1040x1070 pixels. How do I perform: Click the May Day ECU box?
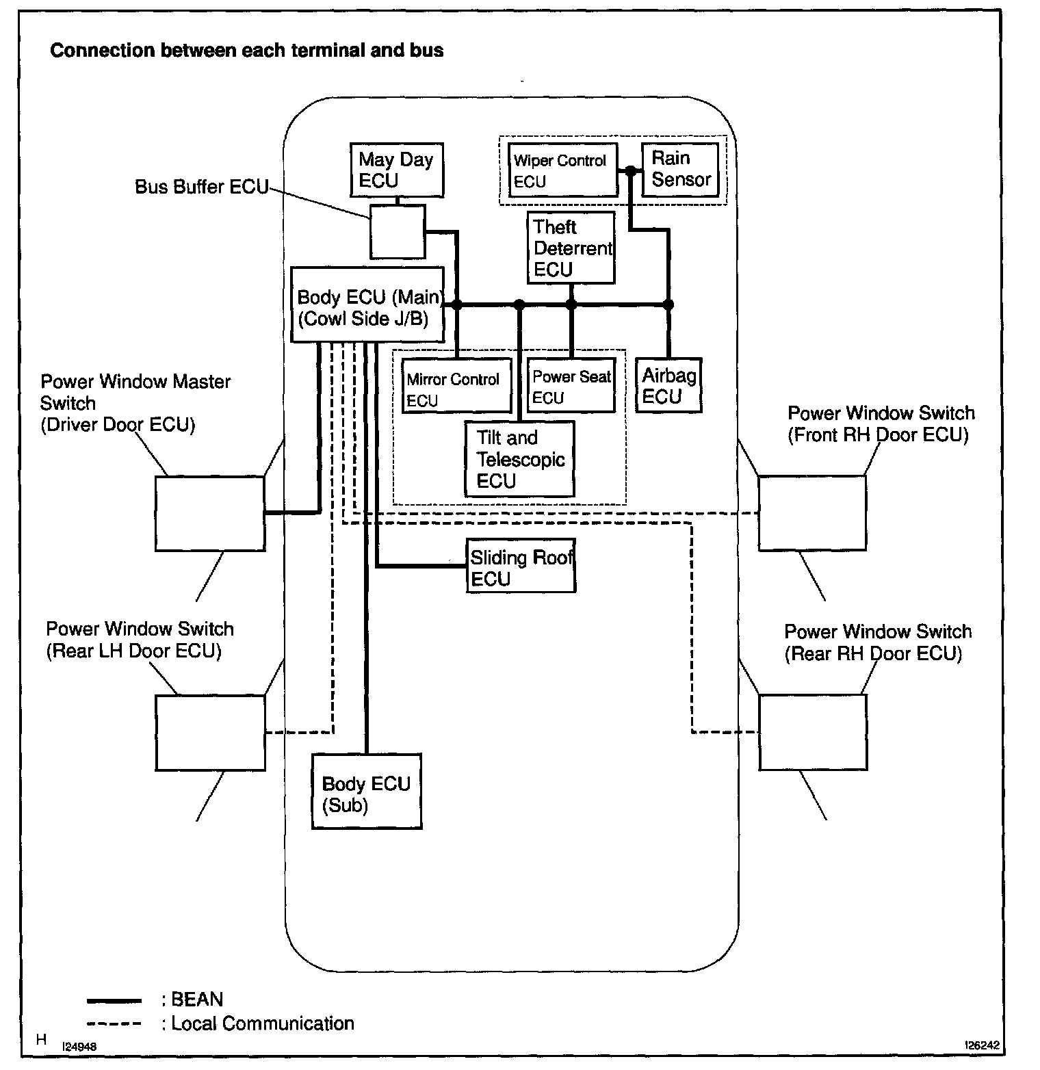(396, 170)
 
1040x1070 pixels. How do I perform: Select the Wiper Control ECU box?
(562, 170)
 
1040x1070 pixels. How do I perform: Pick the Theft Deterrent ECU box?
(571, 248)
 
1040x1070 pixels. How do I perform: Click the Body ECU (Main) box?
(367, 304)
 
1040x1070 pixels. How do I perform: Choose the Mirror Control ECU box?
(456, 386)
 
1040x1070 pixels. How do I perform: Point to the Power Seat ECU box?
(571, 386)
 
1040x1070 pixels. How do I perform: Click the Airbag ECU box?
(668, 386)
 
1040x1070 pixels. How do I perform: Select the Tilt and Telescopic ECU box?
(519, 458)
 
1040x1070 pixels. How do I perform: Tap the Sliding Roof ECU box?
(521, 566)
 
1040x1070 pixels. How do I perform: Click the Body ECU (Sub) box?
(366, 791)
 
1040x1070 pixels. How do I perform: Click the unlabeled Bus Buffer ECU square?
(397, 231)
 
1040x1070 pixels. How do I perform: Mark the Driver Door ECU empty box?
(209, 513)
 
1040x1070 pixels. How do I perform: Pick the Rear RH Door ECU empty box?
(812, 731)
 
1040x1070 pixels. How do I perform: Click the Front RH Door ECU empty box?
(811, 512)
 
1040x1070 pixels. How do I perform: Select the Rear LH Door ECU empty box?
(209, 732)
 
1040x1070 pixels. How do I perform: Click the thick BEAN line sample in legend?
(114, 1001)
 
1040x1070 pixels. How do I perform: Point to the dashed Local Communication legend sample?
(114, 1024)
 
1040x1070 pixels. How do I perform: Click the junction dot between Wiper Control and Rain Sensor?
(630, 171)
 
